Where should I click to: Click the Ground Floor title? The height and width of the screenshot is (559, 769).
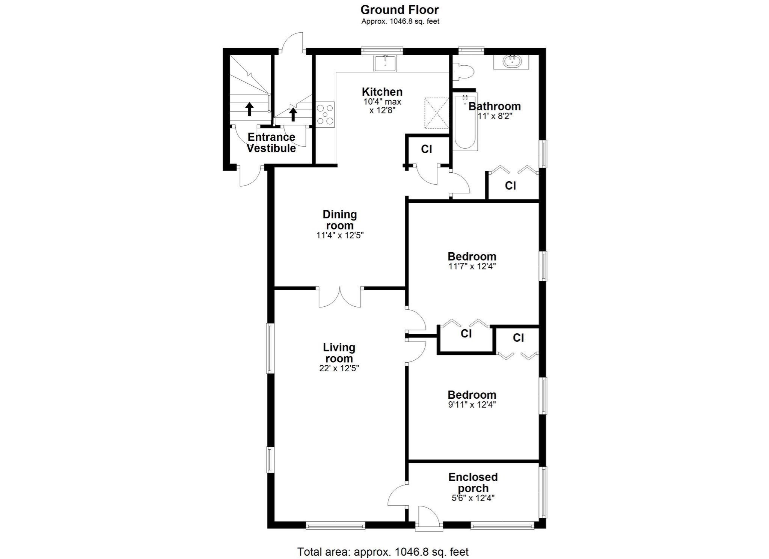point(400,10)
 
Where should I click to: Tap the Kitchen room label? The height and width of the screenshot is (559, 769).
point(382,92)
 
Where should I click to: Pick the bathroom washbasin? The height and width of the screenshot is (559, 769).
point(511,61)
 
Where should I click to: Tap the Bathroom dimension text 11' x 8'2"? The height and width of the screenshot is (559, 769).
point(495,116)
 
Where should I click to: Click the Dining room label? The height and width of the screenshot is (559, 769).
point(339,220)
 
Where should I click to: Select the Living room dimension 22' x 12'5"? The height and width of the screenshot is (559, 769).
point(339,368)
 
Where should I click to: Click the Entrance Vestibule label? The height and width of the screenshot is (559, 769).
point(271,143)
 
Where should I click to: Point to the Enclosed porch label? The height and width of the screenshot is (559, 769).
point(473,483)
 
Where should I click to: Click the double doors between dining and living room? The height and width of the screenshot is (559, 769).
point(340,297)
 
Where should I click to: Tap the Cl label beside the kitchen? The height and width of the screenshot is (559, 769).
point(427,149)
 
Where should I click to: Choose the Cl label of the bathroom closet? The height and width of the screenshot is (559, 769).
point(510,185)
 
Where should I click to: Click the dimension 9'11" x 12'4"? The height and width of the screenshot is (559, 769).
point(472,405)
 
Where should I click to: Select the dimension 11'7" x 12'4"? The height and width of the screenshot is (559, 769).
point(472,267)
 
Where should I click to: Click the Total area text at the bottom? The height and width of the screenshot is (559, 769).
point(383,552)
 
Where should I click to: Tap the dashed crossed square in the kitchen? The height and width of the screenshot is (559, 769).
point(436,113)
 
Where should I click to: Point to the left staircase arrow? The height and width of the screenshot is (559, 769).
point(249,109)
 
